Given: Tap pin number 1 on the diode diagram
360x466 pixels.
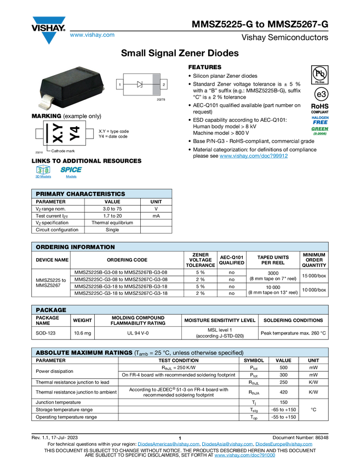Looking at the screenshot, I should click(119, 84).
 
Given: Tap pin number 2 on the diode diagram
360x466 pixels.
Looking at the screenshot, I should click(164, 84).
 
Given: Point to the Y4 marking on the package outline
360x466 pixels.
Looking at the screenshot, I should click(76, 133).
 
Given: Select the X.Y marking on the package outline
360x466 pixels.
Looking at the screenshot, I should click(58, 133).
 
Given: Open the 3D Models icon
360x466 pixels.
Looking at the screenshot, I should click(42, 172).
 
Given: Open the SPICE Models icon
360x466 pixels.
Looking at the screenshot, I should click(71, 172).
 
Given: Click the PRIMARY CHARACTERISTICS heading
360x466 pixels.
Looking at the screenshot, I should click(80, 194).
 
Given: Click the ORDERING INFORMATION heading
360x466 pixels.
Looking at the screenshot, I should click(75, 247).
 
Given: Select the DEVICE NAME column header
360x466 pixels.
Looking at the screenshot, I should click(52, 260).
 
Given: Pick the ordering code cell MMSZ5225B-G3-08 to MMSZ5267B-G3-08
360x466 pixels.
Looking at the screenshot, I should click(121, 272).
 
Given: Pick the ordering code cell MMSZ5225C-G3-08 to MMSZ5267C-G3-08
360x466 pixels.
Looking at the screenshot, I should click(121, 280).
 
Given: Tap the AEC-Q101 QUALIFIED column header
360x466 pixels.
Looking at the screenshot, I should click(231, 260).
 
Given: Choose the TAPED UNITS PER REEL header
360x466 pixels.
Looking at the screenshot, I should click(273, 260).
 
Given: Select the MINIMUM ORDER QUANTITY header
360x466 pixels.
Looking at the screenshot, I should click(314, 260).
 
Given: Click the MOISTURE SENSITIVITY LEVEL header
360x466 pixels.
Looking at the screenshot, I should click(220, 320).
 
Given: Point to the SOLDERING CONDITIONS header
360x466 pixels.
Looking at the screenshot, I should click(293, 320).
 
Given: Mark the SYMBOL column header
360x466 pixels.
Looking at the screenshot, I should click(254, 361).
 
